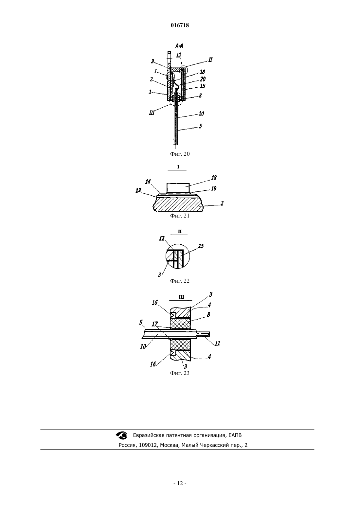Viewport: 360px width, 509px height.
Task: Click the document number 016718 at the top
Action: (x=180, y=25)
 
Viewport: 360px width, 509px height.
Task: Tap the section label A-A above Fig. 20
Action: (x=179, y=46)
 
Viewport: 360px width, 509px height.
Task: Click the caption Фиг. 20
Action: (x=180, y=154)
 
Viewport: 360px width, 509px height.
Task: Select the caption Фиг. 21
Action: (x=180, y=216)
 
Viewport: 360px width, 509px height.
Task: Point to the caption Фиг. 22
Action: (x=180, y=281)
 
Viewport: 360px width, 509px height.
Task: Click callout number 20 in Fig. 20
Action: (x=203, y=79)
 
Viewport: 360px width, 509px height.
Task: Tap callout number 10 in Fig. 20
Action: (x=201, y=114)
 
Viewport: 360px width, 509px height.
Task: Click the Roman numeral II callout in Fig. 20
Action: (x=210, y=60)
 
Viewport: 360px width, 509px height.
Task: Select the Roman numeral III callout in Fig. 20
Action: (x=152, y=112)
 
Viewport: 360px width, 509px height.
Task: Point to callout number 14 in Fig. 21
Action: (x=148, y=182)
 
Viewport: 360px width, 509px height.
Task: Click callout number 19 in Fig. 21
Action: (x=214, y=188)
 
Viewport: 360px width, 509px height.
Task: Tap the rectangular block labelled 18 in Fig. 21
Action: (x=178, y=188)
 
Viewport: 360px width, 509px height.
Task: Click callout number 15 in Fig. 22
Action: (x=201, y=246)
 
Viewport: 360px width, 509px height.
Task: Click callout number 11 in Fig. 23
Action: (x=218, y=343)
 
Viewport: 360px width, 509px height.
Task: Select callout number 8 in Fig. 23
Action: (x=208, y=314)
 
